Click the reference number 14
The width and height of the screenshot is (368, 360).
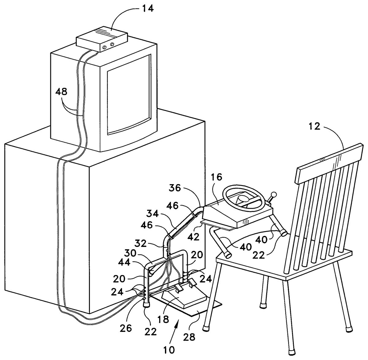(147, 9)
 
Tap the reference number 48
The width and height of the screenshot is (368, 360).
(62, 92)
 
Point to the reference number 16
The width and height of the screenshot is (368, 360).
(217, 177)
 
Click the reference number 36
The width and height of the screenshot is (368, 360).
(175, 188)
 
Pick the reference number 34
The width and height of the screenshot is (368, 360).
(152, 214)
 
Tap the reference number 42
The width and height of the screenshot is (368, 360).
(194, 237)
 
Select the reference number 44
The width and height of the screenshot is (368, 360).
(124, 263)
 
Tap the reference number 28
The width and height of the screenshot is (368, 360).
(189, 337)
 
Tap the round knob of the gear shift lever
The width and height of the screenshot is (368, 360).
(274, 195)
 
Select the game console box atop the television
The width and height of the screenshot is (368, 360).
(102, 39)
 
